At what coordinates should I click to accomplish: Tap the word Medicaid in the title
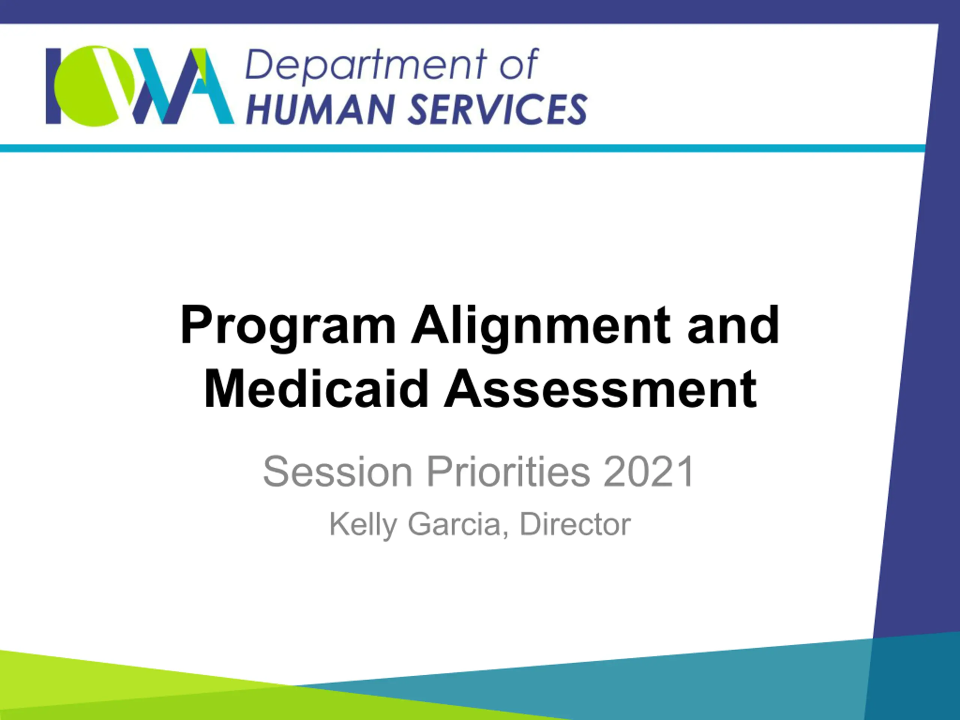coord(316,388)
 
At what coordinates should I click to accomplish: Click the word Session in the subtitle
coord(337,471)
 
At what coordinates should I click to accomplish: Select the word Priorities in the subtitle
coord(508,471)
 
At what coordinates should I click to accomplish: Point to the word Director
coord(575,524)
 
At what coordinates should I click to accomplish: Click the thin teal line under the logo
coord(463,148)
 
